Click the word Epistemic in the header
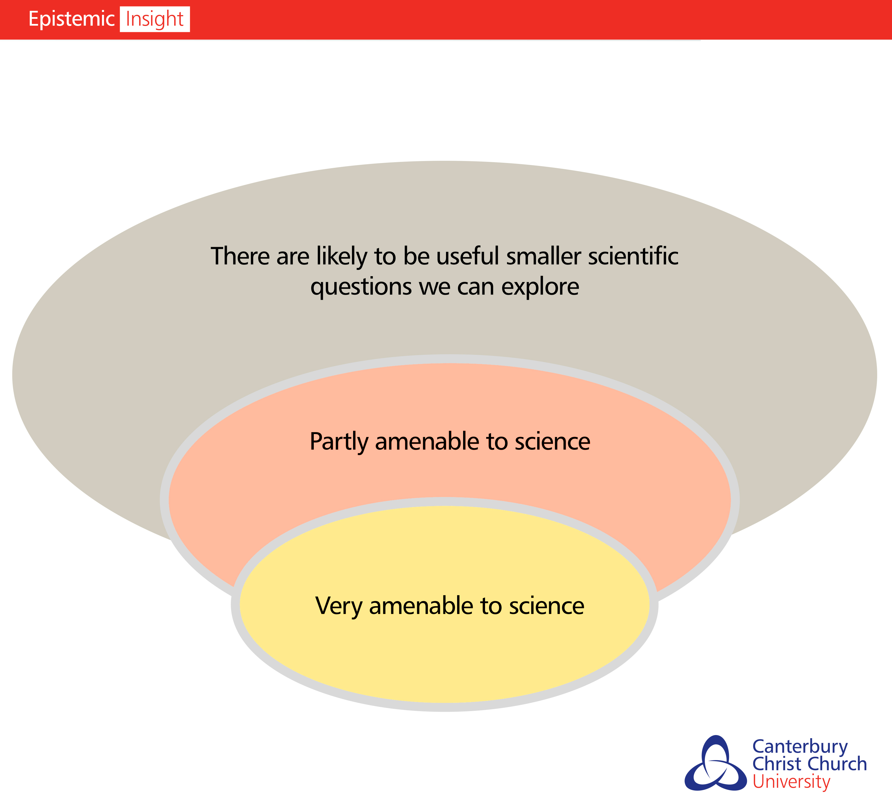(71, 19)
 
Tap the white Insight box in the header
(155, 19)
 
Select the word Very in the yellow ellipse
(339, 606)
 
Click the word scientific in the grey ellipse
(633, 256)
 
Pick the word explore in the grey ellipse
(540, 287)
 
